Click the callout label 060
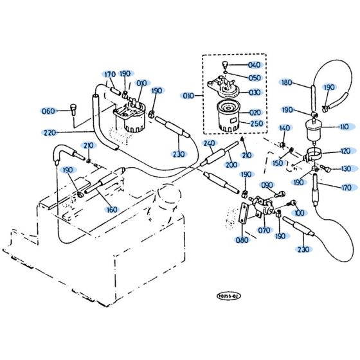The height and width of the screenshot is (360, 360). click(49, 111)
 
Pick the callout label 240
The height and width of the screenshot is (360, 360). click(208, 143)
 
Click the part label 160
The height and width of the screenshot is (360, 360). click(113, 209)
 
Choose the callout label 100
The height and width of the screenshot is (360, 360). click(299, 212)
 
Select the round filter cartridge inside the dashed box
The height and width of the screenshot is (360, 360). click(226, 116)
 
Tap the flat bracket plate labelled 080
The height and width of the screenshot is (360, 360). click(245, 214)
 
